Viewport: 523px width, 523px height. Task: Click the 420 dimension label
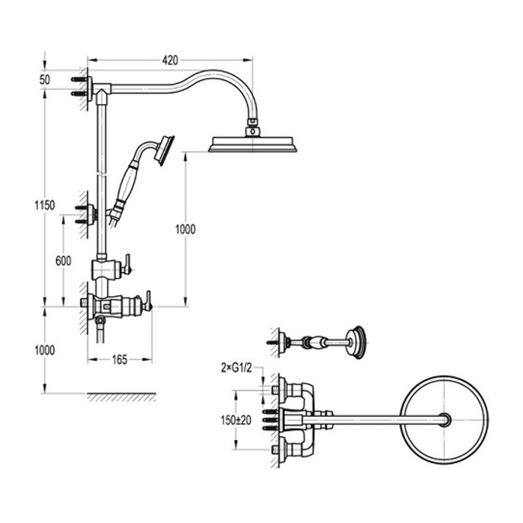point(170,61)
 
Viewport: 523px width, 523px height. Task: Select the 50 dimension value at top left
point(45,80)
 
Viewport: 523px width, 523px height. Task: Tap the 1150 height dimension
point(45,205)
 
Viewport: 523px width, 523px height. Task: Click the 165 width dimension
point(119,360)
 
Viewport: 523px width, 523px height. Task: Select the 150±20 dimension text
point(235,421)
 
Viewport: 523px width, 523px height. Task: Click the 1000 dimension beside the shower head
point(185,229)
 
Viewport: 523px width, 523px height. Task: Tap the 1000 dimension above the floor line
point(45,350)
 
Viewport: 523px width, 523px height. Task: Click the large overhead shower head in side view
point(253,144)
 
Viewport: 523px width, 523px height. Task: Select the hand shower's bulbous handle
point(129,180)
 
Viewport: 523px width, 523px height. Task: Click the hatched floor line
point(121,397)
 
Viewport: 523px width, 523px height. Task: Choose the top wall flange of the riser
point(90,86)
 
